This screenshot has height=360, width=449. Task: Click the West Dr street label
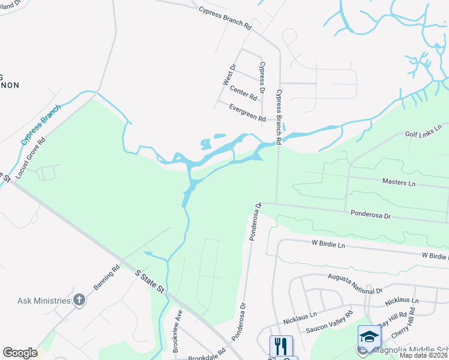tap(229, 74)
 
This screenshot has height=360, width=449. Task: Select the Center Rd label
tap(243, 92)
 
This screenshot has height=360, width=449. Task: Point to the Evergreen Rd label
tap(247, 112)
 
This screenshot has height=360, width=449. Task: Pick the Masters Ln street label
tap(399, 181)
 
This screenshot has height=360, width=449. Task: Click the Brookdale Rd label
tap(206, 355)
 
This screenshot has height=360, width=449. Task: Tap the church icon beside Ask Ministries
tap(79, 301)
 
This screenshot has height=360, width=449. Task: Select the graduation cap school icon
tap(369, 336)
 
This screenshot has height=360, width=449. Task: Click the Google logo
tap(20, 353)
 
